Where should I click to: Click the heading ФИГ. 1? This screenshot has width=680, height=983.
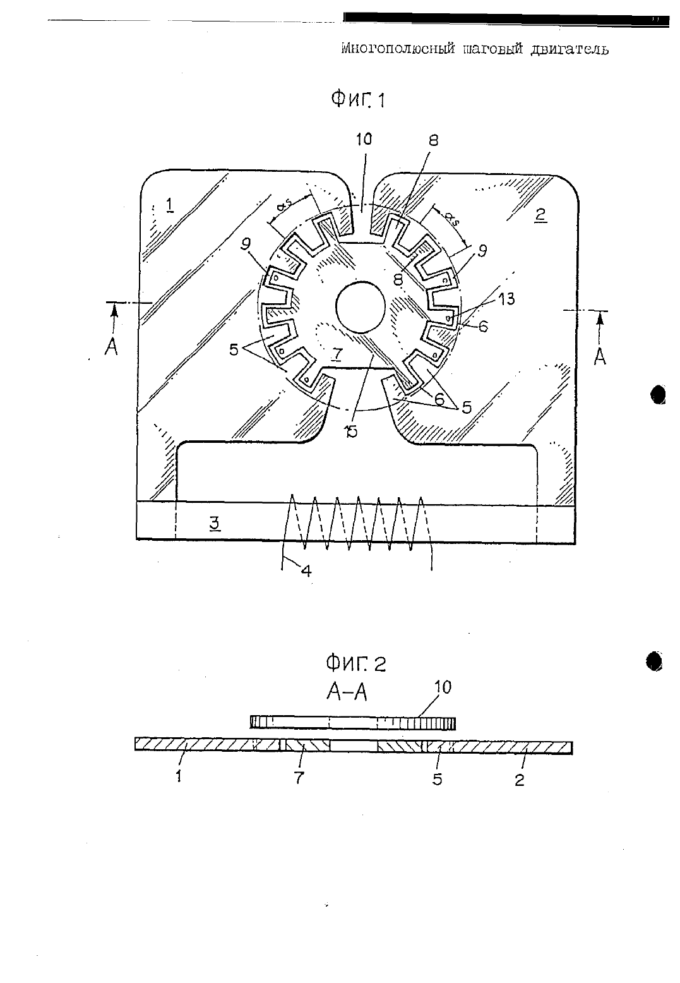tap(358, 99)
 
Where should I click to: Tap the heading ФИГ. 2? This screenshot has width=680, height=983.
tap(356, 663)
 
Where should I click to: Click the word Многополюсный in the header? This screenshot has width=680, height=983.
tap(398, 48)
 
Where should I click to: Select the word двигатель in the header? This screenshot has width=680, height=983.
tap(569, 49)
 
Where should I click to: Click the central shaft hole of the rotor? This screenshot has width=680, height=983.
tap(360, 306)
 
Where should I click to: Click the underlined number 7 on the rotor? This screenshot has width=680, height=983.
tap(336, 354)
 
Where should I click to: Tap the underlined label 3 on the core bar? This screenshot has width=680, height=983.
tap(214, 524)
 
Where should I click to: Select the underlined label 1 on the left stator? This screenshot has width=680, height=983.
tap(169, 205)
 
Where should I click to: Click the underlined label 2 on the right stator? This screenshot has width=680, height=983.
tap(540, 215)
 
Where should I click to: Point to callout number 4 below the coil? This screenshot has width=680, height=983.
tap(306, 571)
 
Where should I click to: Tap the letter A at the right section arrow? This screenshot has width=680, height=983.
tap(600, 357)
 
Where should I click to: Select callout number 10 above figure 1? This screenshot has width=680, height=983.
tap(364, 139)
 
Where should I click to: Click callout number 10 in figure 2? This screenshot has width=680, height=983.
tap(443, 687)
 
